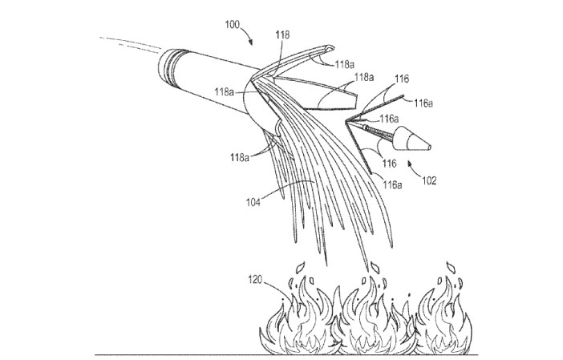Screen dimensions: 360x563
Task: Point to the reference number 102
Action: (x=428, y=181)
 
